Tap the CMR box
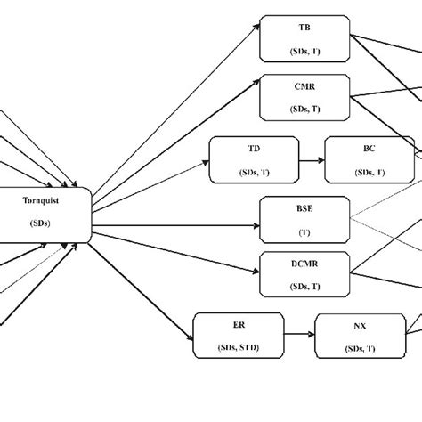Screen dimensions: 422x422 pyautogui.click(x=304, y=97)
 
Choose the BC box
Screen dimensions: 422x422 pyautogui.click(x=369, y=159)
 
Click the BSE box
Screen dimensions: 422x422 pyautogui.click(x=304, y=219)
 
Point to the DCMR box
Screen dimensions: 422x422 pyautogui.click(x=304, y=274)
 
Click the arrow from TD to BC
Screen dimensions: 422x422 pyautogui.click(x=312, y=160)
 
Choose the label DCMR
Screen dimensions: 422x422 pyautogui.click(x=304, y=264)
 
